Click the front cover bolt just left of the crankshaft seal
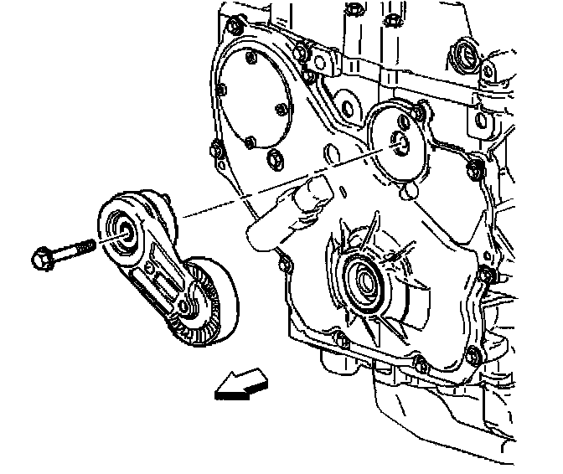tap(286, 266)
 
